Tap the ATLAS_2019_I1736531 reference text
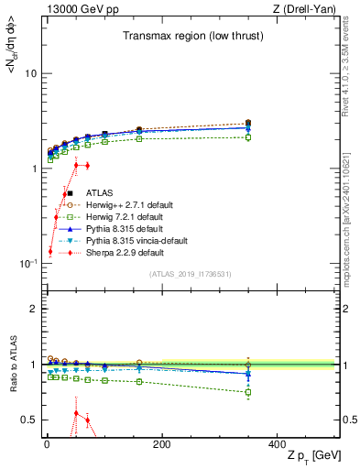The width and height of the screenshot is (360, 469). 190,275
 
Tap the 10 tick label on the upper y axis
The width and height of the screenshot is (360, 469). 31,73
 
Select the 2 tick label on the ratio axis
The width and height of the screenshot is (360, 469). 33,309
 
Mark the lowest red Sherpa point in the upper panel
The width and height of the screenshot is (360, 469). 49,251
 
